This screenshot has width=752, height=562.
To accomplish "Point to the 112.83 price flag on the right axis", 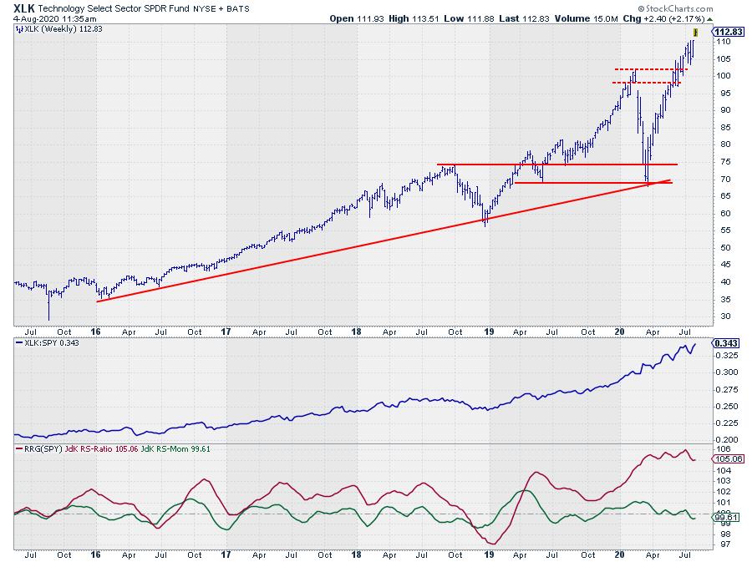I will (724, 32).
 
